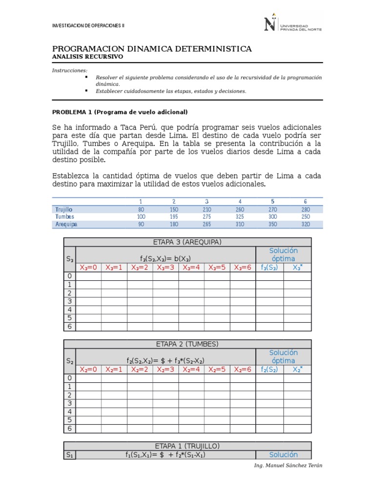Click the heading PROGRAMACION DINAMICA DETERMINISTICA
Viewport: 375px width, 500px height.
click(x=152, y=49)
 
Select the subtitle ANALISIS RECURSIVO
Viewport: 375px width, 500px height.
click(x=87, y=57)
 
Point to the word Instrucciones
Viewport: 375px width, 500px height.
click(x=70, y=71)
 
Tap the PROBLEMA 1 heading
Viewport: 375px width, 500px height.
click(x=120, y=111)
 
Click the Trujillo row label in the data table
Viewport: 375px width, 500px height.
click(x=64, y=209)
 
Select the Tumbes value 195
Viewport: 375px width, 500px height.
click(x=173, y=216)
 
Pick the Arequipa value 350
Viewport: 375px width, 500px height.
click(x=272, y=224)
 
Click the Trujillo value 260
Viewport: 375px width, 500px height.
click(x=240, y=209)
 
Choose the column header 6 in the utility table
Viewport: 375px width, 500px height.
click(x=305, y=201)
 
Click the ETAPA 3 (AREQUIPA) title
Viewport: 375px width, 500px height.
click(x=187, y=242)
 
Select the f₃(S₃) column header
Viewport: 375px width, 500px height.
click(x=269, y=267)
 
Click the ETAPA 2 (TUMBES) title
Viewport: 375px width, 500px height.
click(x=187, y=344)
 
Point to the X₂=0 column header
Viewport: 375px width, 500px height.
click(x=88, y=369)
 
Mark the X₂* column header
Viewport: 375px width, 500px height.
click(x=297, y=369)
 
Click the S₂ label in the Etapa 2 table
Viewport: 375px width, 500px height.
click(x=70, y=361)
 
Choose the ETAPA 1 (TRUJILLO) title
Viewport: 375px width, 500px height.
click(x=187, y=446)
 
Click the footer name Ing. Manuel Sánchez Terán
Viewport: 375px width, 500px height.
click(x=288, y=465)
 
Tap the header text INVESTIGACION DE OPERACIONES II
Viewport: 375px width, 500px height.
click(x=88, y=25)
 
